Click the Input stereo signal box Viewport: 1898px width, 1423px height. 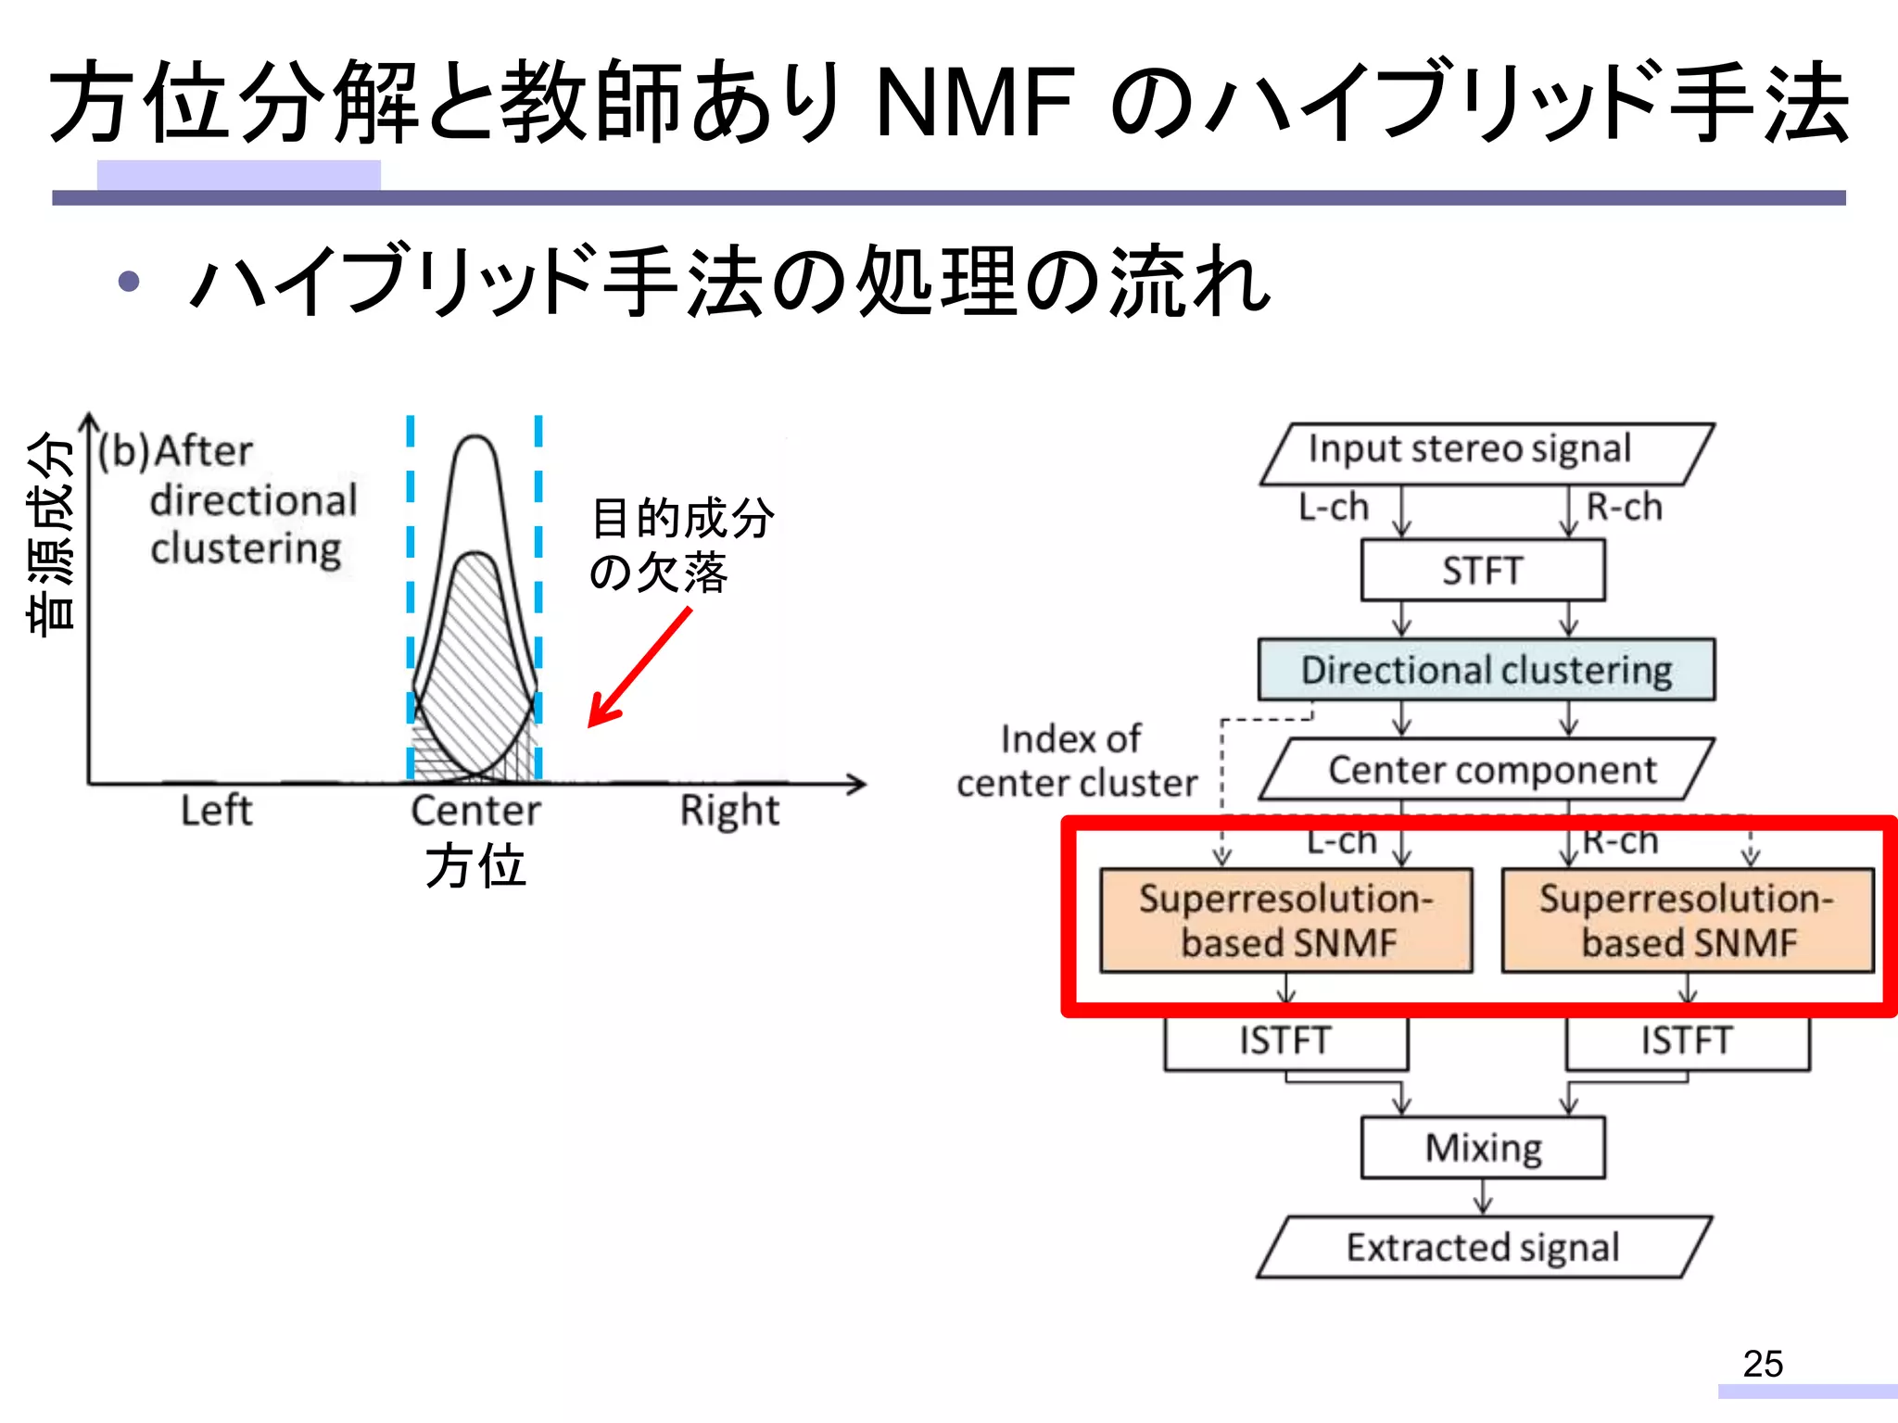1487,453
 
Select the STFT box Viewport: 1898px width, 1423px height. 1483,571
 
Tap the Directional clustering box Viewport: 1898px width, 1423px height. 1487,670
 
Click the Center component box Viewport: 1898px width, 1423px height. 1487,770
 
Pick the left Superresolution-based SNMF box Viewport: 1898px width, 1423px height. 1285,920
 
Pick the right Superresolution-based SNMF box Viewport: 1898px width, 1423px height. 1687,920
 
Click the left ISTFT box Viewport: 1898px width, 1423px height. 1285,1041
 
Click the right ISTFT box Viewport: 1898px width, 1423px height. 1687,1041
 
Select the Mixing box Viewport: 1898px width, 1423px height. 1483,1148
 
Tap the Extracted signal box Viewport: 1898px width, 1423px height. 1483,1247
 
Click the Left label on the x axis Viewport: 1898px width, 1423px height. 216,811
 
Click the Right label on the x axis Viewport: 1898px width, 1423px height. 729,811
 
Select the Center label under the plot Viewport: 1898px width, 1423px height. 475,811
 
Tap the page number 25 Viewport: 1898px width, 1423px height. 1762,1364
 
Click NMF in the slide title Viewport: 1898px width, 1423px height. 975,102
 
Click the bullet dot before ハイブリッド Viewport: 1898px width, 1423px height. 129,282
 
